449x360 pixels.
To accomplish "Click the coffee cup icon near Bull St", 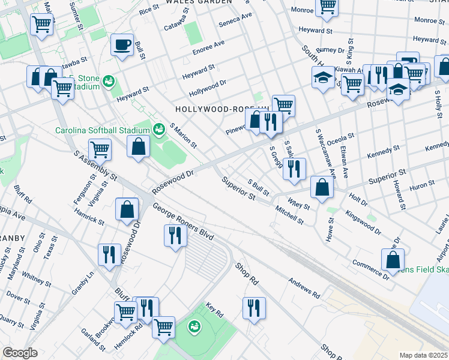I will (x=122, y=45).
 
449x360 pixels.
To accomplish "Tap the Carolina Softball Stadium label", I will (x=102, y=130).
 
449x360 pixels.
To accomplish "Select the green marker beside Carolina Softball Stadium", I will (x=159, y=128).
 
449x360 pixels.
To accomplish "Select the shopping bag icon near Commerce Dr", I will (x=392, y=259).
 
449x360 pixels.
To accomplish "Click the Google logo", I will (x=19, y=352).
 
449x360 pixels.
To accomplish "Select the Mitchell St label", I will (x=289, y=215).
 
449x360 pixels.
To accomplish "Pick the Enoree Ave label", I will (x=208, y=48).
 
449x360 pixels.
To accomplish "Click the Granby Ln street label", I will (x=83, y=283).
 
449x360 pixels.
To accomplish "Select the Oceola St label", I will (x=340, y=139).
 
